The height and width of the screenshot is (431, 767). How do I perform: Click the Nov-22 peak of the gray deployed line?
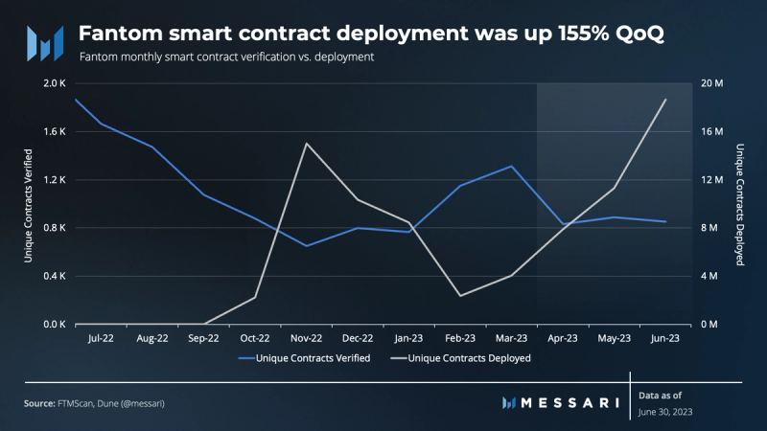coord(306,144)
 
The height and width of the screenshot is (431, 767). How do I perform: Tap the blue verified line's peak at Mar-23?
coord(512,166)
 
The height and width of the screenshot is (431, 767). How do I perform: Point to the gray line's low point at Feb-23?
coord(460,295)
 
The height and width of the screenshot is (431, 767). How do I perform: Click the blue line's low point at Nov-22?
coord(306,246)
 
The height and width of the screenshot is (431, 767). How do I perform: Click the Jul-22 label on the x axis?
coord(101,338)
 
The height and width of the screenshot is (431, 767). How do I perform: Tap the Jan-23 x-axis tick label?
coord(408,338)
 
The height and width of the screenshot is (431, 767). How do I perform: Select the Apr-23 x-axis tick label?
coord(563,338)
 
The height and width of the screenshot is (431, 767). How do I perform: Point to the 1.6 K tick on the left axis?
coord(53,132)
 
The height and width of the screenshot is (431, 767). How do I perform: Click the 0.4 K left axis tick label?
coord(53,277)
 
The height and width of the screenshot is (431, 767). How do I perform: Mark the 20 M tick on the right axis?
coord(712,84)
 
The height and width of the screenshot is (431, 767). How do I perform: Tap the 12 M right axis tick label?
coord(712,180)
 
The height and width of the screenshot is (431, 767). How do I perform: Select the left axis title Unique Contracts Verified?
coord(29,204)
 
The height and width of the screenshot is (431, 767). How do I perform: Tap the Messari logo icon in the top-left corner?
coord(44,43)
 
